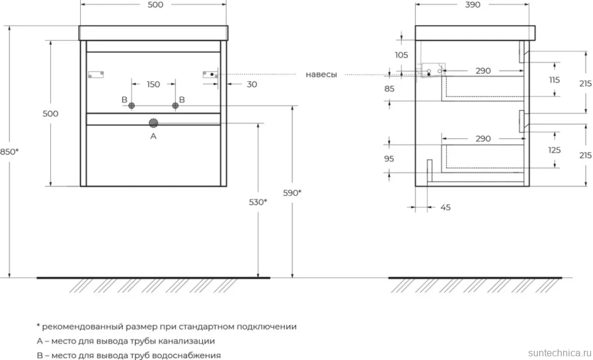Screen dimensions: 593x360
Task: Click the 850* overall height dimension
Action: coord(9,152)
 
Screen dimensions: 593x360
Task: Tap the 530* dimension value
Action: coord(258,202)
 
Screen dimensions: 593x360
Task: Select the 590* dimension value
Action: coord(292,193)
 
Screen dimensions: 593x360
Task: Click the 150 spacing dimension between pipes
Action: coord(153,84)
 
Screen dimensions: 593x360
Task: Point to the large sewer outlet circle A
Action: coord(153,123)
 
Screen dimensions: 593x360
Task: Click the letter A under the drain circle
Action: coord(153,136)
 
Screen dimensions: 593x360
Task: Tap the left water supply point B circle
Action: coord(131,106)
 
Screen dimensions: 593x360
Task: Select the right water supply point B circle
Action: coord(175,106)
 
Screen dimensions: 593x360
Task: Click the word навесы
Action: coord(321,75)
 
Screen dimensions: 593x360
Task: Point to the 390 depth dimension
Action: coord(473,4)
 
